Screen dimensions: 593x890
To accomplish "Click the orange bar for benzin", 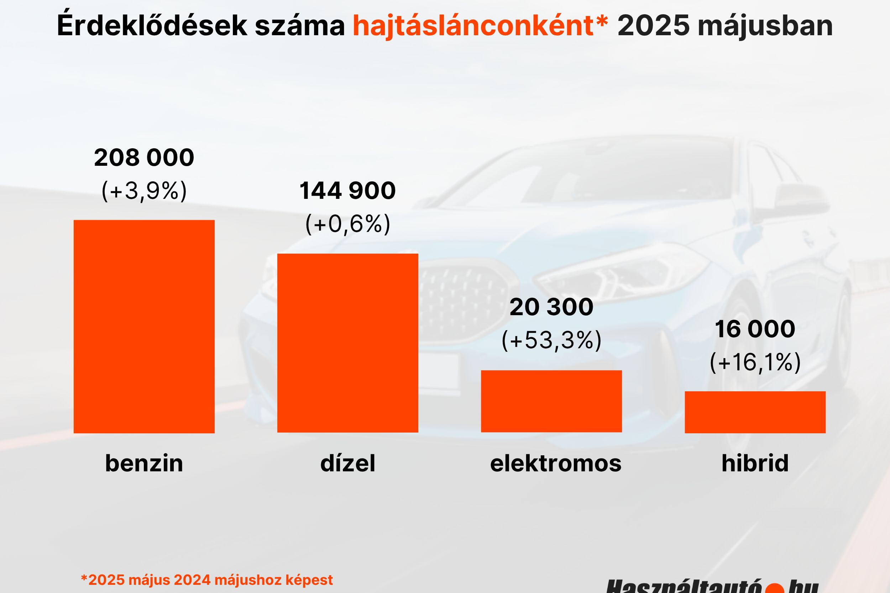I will point(144,326).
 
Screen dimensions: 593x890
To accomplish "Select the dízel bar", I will point(347,343).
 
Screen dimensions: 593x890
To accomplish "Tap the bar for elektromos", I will point(551,401).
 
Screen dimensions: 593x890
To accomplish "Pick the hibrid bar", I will point(755,412).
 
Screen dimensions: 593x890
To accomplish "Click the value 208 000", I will point(144,158).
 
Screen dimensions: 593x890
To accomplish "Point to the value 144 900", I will point(347,191).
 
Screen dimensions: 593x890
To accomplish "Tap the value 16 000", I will point(755,329).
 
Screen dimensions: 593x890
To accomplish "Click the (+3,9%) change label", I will point(144,191).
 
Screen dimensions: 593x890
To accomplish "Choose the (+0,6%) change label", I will point(347,224).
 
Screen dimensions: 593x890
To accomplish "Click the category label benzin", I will point(144,463).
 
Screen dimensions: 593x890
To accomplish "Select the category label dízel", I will point(347,463).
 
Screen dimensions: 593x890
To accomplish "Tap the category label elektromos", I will point(555,463).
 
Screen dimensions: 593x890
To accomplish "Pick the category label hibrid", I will point(755,463).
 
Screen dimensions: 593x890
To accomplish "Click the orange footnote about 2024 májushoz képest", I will point(207,580).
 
